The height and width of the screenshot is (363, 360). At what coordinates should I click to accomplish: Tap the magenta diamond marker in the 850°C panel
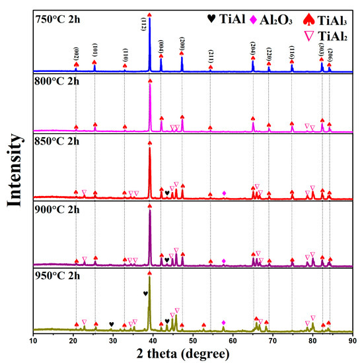click(x=224, y=193)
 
